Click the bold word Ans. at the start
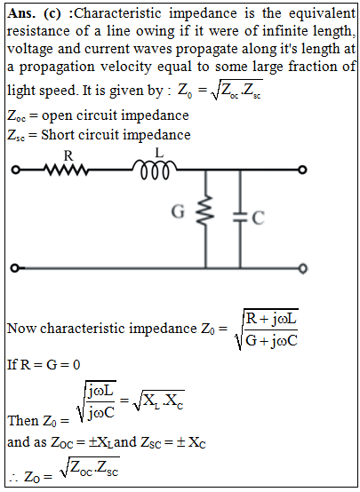click(x=21, y=13)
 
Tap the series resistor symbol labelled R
click(x=67, y=170)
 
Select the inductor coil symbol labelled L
click(x=155, y=170)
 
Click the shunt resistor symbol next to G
click(x=205, y=210)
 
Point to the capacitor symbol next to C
click(x=240, y=217)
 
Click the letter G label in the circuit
click(x=178, y=211)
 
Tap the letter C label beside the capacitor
click(x=258, y=218)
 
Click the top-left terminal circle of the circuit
click(x=15, y=170)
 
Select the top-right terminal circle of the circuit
click(x=302, y=170)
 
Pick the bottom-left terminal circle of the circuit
click(x=14, y=268)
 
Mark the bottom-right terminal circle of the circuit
click(x=302, y=268)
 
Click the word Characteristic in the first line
click(x=118, y=13)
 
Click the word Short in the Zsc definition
click(x=58, y=135)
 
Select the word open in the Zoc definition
click(x=57, y=116)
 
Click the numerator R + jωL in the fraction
click(x=272, y=319)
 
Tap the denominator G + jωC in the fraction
click(x=271, y=340)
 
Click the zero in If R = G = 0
click(x=76, y=365)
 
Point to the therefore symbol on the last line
click(x=14, y=477)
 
